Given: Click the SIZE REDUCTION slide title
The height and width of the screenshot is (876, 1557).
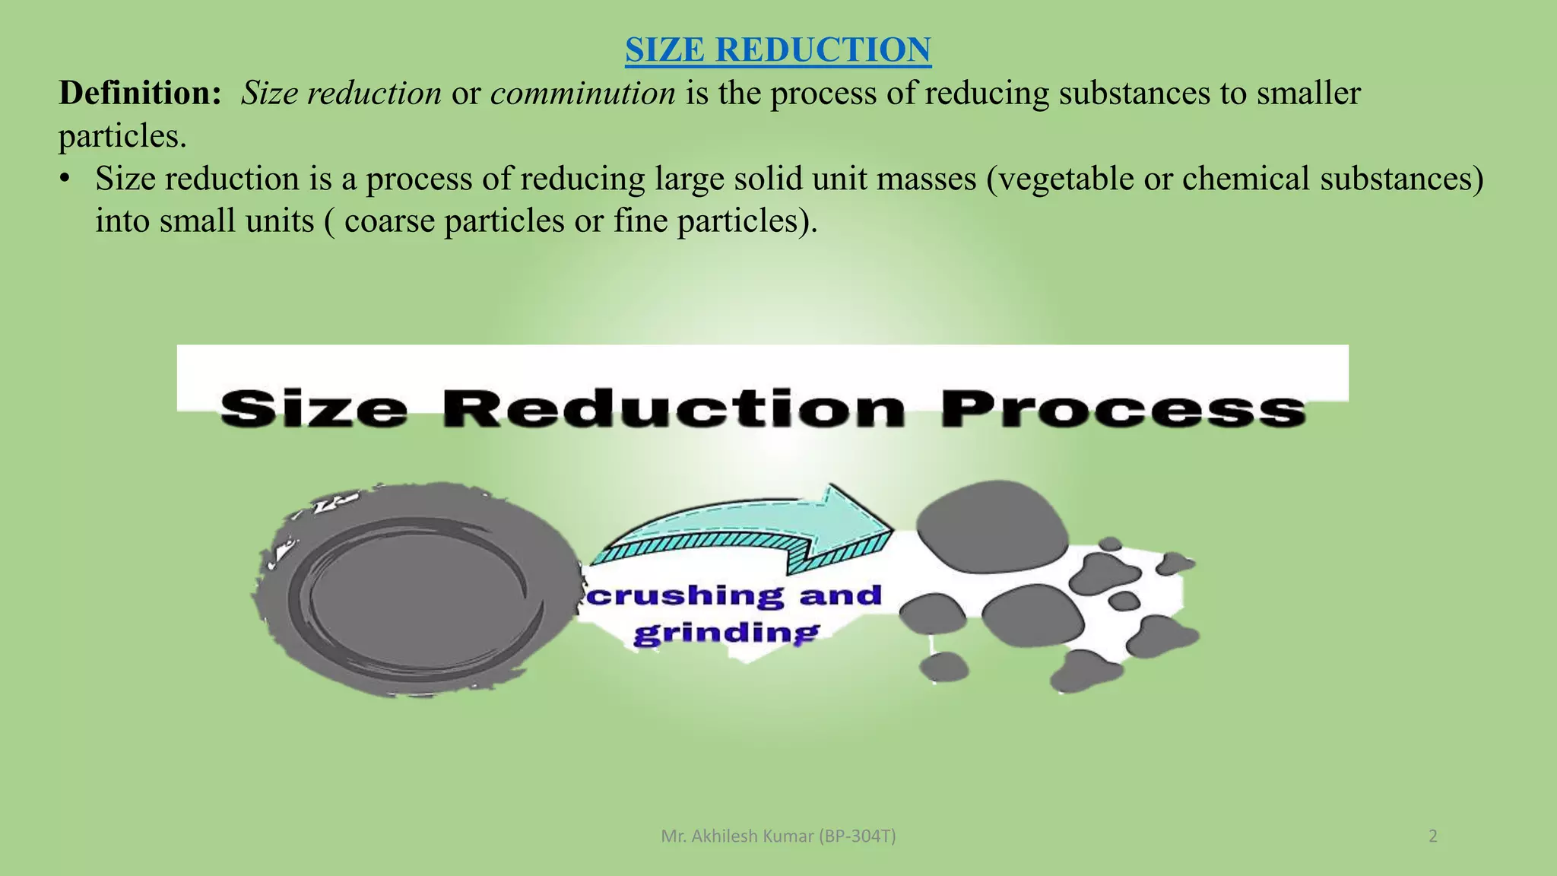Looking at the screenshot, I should click(x=778, y=50).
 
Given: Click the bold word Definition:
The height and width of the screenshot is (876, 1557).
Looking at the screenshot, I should click(x=140, y=94).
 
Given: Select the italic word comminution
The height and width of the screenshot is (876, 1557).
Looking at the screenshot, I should click(x=582, y=94).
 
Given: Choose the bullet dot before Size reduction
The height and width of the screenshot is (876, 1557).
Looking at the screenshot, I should click(x=66, y=179).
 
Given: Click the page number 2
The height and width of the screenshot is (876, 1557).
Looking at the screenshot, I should click(x=1433, y=836).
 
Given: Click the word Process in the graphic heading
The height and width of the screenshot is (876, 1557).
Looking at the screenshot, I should click(x=1123, y=409).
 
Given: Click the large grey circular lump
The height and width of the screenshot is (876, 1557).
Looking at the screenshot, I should click(x=417, y=589).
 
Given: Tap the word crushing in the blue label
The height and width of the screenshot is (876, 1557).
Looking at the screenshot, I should click(x=684, y=595).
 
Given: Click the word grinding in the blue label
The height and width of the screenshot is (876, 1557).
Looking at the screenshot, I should click(x=726, y=633).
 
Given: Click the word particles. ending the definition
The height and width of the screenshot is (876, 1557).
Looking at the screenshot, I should click(x=122, y=137).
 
